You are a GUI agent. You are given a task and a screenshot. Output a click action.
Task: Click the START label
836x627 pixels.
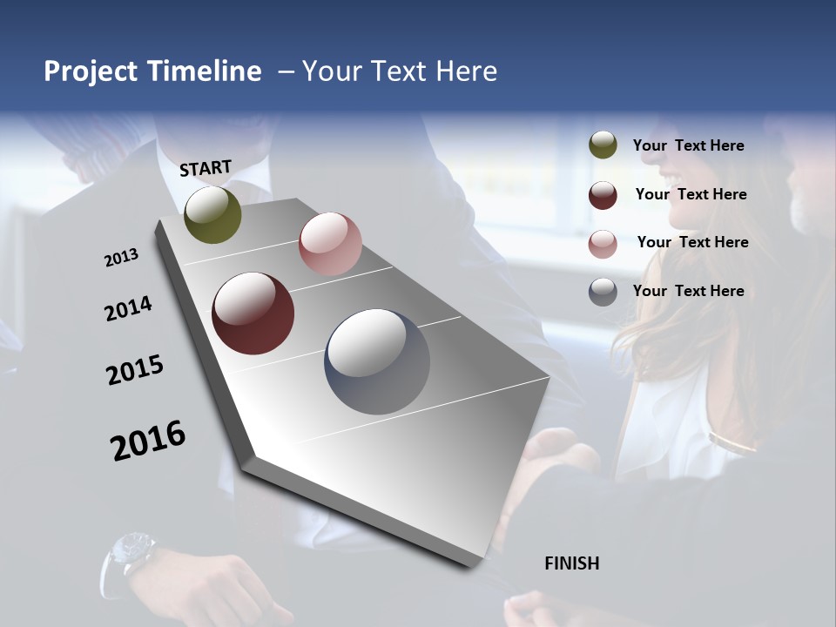click(x=206, y=168)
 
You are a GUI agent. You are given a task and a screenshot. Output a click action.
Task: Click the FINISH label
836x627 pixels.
click(x=571, y=563)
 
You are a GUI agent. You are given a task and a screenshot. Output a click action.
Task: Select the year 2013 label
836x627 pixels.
click(x=121, y=258)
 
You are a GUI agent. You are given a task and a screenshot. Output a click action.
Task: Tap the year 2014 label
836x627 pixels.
click(x=128, y=309)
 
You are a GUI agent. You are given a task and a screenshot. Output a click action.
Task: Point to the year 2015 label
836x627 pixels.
click(x=135, y=370)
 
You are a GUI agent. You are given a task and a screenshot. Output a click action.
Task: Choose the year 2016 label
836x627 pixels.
click(x=148, y=440)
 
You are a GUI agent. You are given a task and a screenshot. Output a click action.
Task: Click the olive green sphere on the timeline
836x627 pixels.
click(x=212, y=215)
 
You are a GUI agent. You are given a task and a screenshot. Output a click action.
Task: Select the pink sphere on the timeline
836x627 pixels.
click(x=330, y=244)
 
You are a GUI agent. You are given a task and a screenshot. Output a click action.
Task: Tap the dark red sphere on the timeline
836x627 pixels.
click(x=253, y=313)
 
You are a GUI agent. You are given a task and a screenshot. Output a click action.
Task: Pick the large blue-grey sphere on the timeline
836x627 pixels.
click(x=377, y=361)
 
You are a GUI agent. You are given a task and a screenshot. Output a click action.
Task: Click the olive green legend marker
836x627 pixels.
click(x=603, y=145)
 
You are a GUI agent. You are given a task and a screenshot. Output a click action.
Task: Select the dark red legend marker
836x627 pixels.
click(x=603, y=195)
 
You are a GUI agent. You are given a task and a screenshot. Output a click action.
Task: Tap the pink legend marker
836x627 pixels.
click(x=603, y=244)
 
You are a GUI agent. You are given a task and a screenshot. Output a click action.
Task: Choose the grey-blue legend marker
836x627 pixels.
click(x=603, y=292)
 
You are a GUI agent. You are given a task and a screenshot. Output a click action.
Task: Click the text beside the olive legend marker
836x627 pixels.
click(x=688, y=145)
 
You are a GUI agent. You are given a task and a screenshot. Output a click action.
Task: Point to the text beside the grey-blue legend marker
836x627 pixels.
click(x=688, y=291)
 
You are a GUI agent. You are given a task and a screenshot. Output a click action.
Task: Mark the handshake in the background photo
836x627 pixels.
click(x=557, y=462)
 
